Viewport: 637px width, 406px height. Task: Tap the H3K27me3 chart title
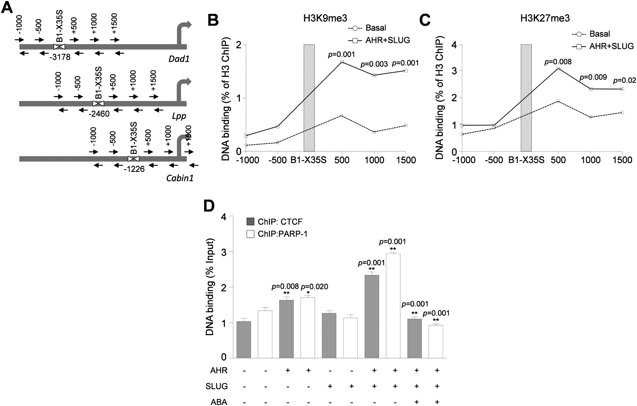coord(545,18)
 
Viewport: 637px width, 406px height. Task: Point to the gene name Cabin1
coord(180,177)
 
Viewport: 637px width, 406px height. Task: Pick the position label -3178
coord(60,57)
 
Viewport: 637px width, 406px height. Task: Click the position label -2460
coord(99,114)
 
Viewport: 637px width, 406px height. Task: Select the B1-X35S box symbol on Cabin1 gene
coord(133,159)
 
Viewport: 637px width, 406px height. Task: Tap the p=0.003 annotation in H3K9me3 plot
coord(374,65)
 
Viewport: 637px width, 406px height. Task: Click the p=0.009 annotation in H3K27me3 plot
coord(593,77)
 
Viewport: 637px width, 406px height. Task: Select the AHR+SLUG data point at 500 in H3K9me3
coord(342,62)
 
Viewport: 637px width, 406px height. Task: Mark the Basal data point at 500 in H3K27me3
coord(558,101)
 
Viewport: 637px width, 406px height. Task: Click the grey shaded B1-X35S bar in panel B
coord(309,98)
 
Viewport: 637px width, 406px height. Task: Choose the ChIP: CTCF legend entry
coord(275,222)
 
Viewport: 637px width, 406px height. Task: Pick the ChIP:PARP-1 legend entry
coord(277,234)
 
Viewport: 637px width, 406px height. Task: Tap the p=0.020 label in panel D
coord(314,287)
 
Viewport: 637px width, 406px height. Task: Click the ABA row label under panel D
coord(219,401)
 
